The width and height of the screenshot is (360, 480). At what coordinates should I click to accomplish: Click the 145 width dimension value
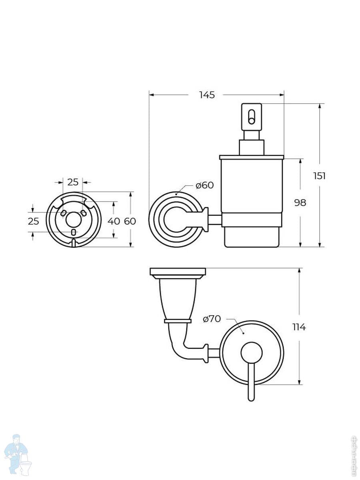(x=207, y=95)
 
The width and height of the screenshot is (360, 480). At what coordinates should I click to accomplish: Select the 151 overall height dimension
(x=319, y=176)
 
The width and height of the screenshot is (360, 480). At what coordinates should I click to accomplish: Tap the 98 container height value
(x=300, y=203)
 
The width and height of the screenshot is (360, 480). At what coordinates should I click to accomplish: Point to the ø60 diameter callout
(x=204, y=185)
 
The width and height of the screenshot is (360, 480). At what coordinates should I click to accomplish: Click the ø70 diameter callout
(x=212, y=319)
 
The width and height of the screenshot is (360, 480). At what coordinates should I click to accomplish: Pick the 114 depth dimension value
(x=299, y=327)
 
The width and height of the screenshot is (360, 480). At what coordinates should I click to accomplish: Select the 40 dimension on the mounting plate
(x=114, y=221)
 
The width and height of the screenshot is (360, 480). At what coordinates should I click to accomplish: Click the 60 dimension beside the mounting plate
(x=130, y=221)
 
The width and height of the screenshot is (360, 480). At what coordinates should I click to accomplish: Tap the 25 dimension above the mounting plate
(x=73, y=182)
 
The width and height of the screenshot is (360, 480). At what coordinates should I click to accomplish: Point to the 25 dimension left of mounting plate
(x=34, y=221)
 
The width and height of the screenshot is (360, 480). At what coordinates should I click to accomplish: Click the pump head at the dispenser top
(x=252, y=116)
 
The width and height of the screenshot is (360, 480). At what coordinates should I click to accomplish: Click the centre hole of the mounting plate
(x=73, y=220)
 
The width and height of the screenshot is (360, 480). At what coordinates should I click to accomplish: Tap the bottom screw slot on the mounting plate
(x=73, y=232)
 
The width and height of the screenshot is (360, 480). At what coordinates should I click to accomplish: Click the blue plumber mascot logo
(x=17, y=454)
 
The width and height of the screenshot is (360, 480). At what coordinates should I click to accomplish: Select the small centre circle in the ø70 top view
(x=252, y=353)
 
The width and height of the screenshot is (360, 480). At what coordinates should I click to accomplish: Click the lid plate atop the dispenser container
(x=252, y=157)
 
